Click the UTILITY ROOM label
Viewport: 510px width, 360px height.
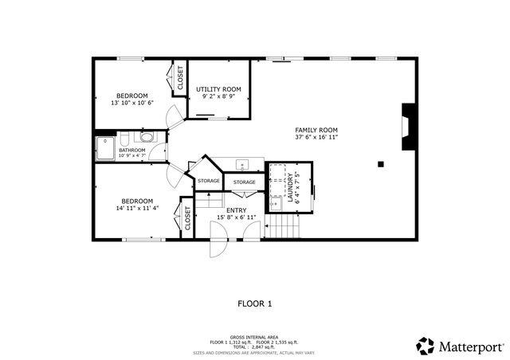click(x=219, y=89)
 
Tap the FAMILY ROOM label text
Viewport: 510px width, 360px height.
click(x=316, y=130)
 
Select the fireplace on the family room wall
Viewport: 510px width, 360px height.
click(x=408, y=127)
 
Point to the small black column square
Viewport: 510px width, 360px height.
click(x=381, y=164)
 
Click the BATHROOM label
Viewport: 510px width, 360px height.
click(x=131, y=150)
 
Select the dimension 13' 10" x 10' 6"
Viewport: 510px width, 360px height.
click(x=132, y=103)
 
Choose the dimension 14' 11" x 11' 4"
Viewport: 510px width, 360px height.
click(x=137, y=209)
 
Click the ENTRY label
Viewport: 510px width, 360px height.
click(x=237, y=209)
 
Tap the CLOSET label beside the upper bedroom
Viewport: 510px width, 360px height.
click(x=180, y=78)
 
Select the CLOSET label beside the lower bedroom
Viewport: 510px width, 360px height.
click(x=187, y=217)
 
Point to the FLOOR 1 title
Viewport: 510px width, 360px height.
click(x=255, y=303)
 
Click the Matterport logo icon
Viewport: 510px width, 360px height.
click(x=426, y=346)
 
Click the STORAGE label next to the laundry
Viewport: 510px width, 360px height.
click(x=245, y=182)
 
